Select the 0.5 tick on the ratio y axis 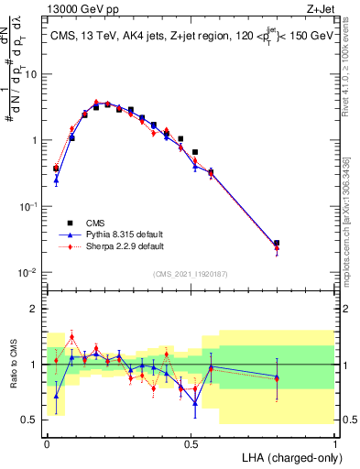tap(32, 420)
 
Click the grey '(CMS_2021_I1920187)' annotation tap(191, 274)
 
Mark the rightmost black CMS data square tap(277, 244)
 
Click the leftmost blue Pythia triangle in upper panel tap(56, 180)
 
